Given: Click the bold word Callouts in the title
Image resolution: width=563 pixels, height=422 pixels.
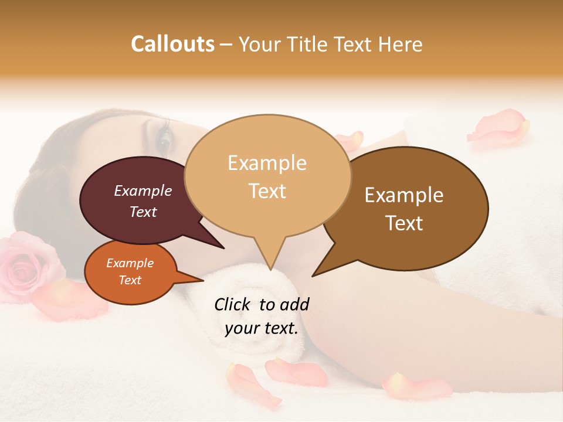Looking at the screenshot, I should (172, 44).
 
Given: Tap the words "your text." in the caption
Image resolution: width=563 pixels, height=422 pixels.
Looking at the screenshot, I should (262, 328).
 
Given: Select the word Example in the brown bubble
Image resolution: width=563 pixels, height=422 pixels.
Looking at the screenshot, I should (404, 195).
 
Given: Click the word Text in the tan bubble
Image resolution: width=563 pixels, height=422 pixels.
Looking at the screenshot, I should (267, 191).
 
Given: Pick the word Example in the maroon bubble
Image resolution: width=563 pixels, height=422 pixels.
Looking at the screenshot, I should (143, 191).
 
